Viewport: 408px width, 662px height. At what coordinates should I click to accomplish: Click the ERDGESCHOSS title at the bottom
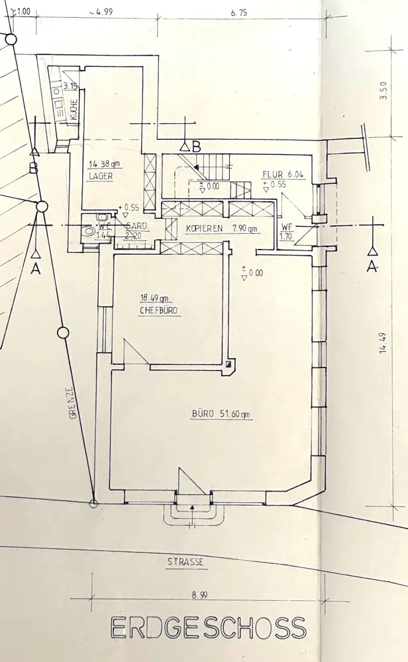click(x=207, y=628)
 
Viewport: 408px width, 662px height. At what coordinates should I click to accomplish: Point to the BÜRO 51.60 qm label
click(x=222, y=415)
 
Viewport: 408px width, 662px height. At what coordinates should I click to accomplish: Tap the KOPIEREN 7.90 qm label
click(x=221, y=229)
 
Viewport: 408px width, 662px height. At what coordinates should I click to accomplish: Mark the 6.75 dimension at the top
click(x=239, y=12)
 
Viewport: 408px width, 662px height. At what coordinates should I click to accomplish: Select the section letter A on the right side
click(x=372, y=266)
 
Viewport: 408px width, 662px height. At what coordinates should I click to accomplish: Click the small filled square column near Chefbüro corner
click(x=229, y=365)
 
